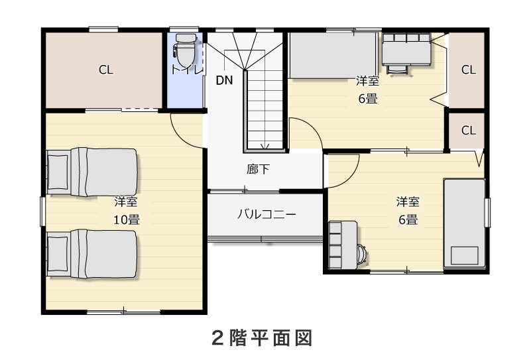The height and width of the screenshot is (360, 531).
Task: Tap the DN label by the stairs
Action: pos(224,81)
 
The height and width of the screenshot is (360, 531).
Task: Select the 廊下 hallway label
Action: pos(258,169)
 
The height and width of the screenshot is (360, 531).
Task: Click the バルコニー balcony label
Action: pos(266,214)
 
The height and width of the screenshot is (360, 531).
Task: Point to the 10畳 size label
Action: pos(127,220)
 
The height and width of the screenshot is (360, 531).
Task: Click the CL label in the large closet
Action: pos(106,70)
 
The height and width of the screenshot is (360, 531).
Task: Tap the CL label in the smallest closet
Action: pos(469,131)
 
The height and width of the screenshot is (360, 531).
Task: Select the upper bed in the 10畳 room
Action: pos(92,172)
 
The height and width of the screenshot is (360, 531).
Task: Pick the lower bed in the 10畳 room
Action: pos(92,254)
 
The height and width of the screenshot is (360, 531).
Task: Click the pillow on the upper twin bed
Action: pos(58,172)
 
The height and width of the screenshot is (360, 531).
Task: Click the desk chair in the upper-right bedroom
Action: pos(396,69)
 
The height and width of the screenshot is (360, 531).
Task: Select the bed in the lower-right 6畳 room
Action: pos(465,223)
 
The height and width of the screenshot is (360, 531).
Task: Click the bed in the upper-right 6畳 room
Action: pos(333,56)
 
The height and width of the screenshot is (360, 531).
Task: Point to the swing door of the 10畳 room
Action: pos(187,131)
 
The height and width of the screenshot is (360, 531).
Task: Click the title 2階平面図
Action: pos(262,337)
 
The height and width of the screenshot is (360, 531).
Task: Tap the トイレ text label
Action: pos(186,70)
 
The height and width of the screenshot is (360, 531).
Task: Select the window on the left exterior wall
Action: pos(43,211)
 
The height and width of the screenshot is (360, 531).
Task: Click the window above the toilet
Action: pos(184,29)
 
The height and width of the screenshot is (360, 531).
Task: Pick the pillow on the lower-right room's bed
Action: pos(464,256)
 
